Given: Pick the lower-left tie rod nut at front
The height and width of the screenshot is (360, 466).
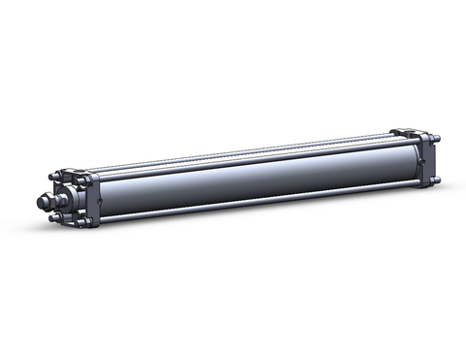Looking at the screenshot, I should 53,218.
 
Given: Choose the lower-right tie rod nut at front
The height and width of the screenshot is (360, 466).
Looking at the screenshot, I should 83,222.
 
